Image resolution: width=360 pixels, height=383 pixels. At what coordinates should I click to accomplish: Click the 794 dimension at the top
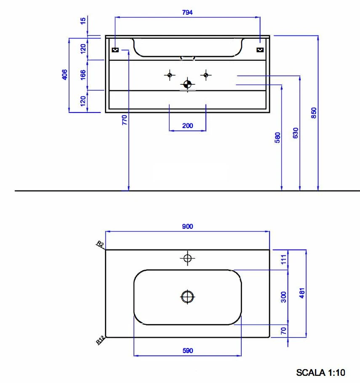187,13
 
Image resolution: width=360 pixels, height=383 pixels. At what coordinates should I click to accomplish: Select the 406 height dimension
64,75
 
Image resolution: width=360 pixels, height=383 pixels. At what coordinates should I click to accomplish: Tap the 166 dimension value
83,75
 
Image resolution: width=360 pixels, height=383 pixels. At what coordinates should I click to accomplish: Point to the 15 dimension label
83,20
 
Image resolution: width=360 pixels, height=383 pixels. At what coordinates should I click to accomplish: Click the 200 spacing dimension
187,126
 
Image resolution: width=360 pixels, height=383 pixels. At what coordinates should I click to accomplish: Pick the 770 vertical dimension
124,121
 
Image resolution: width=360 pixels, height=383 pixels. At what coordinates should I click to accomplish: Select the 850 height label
314,112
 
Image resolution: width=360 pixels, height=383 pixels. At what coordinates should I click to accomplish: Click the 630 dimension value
295,133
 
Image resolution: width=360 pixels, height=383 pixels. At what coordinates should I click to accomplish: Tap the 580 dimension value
277,138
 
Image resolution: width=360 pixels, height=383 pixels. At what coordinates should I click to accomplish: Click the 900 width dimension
187,226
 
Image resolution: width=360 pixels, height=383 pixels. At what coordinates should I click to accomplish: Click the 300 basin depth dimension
283,297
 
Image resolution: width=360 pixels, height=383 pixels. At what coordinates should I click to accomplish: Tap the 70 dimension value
283,331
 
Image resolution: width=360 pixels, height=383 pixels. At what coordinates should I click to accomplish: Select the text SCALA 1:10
321,372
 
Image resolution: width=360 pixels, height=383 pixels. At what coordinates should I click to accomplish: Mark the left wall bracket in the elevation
116,50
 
